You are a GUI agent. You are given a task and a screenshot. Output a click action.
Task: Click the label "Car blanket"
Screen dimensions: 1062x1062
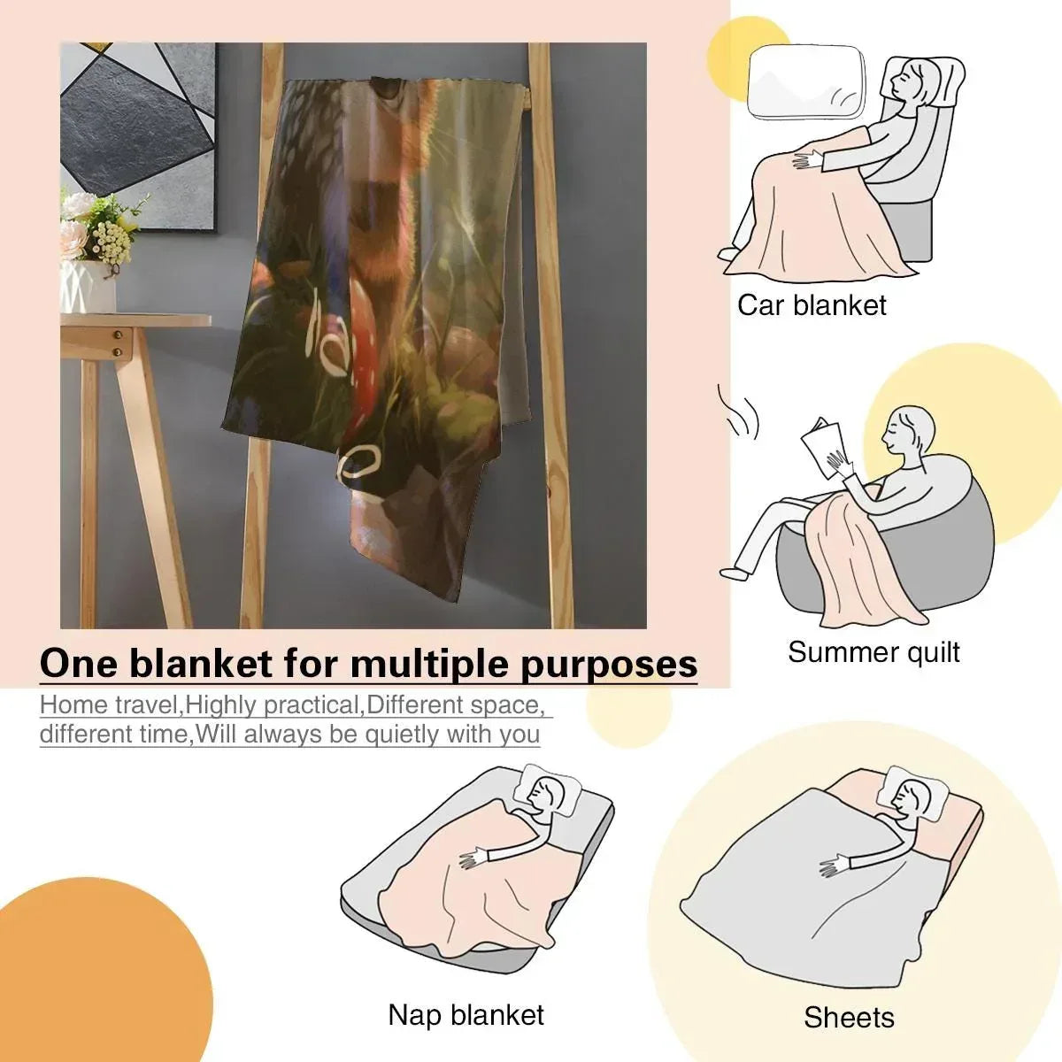[x=812, y=305]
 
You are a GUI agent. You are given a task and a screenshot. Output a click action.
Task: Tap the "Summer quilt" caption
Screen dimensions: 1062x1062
[x=873, y=652]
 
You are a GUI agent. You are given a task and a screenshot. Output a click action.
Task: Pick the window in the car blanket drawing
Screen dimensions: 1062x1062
[x=805, y=82]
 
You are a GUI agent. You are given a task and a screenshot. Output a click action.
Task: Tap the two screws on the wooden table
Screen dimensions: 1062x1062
[x=118, y=342]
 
